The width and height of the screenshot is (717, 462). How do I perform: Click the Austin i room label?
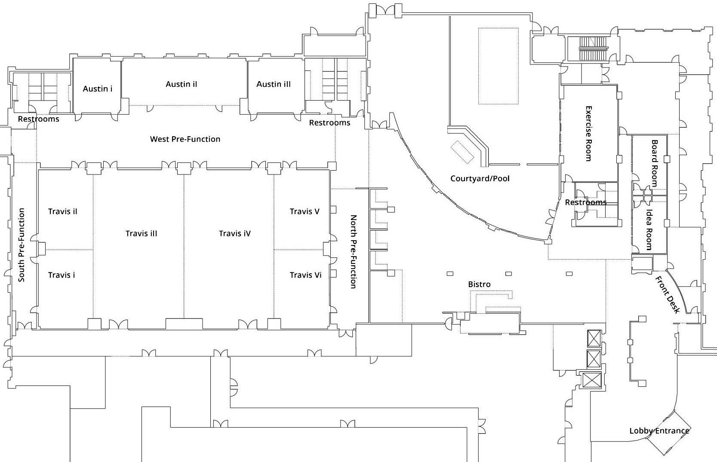click(x=98, y=89)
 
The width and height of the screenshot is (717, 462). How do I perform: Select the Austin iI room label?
click(x=182, y=84)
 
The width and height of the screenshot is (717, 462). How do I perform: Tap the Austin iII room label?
click(x=274, y=84)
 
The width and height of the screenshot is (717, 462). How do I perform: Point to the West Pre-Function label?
click(x=185, y=139)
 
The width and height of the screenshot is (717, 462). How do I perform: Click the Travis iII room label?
click(x=141, y=233)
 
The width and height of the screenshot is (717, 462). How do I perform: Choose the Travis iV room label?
click(x=234, y=233)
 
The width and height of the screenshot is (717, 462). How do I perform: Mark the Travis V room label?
click(x=305, y=211)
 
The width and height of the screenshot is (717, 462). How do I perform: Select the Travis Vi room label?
click(x=305, y=275)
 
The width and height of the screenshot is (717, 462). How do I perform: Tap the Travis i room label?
click(x=62, y=275)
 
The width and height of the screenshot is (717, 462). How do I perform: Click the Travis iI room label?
click(x=63, y=211)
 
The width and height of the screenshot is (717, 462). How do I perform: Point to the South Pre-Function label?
click(x=22, y=245)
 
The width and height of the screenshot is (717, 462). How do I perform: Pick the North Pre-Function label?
click(x=354, y=251)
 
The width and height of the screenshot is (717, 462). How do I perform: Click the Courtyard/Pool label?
click(x=480, y=178)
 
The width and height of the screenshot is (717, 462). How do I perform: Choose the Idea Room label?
click(x=649, y=229)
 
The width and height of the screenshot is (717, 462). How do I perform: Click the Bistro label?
click(x=479, y=284)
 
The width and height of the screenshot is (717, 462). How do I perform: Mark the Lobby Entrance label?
click(x=659, y=431)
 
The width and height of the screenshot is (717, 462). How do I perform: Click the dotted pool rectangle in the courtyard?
click(x=498, y=66)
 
